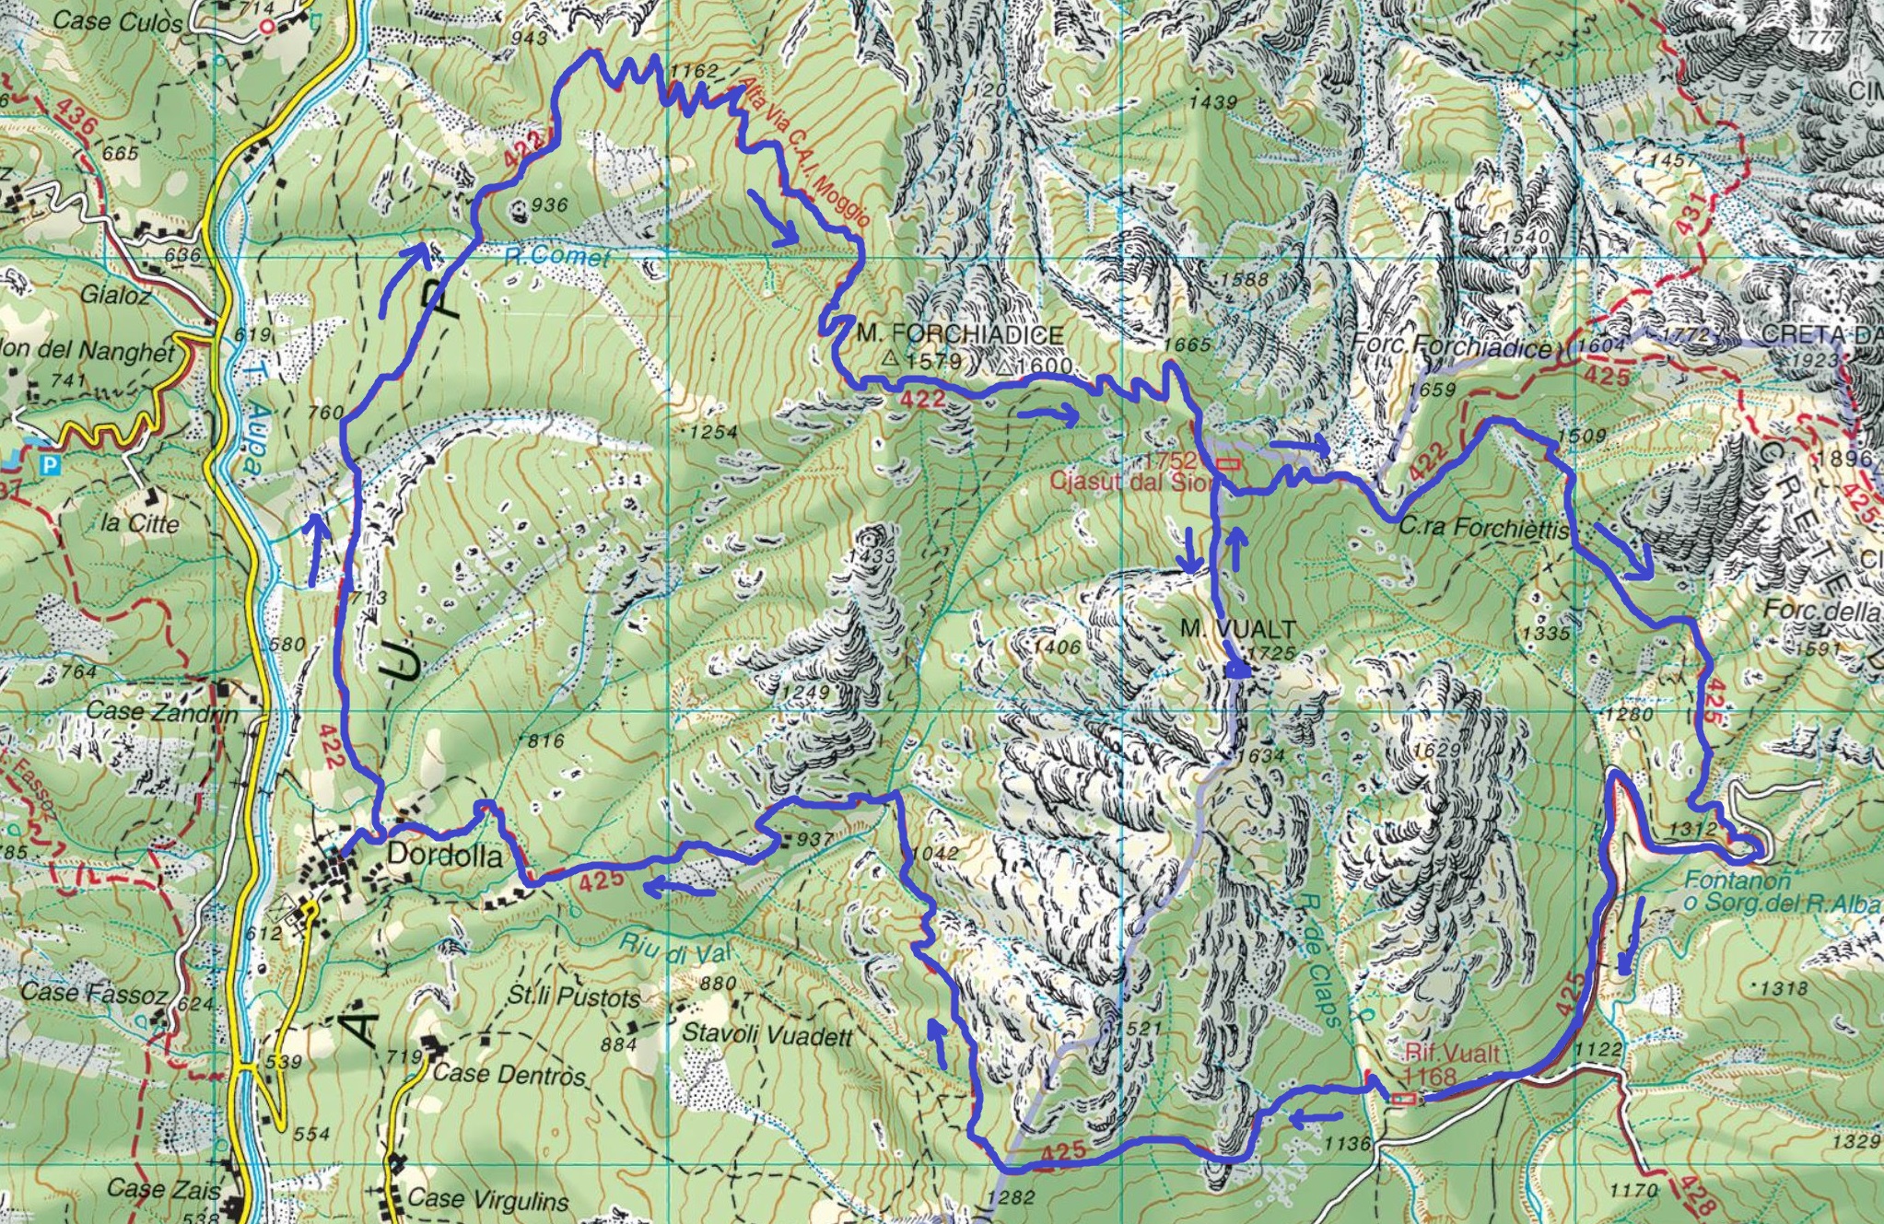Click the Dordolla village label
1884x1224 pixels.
pos(445,856)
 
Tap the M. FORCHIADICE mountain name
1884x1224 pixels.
pos(959,334)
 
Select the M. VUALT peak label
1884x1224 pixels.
pos(1238,629)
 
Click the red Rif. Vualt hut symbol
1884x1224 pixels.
pos(1403,1098)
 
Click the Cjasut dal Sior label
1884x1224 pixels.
pos(1129,481)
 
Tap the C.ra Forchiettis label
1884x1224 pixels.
pos(1483,530)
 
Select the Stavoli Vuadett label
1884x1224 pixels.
pos(766,1035)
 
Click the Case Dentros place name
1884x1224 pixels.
pos(509,1074)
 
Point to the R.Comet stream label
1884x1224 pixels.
pos(556,255)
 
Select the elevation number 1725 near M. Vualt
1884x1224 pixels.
pos(1270,653)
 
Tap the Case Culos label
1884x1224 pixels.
pos(117,21)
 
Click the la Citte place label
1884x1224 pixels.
pos(140,523)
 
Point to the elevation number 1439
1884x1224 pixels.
pos(1212,101)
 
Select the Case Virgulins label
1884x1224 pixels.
pos(488,1200)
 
